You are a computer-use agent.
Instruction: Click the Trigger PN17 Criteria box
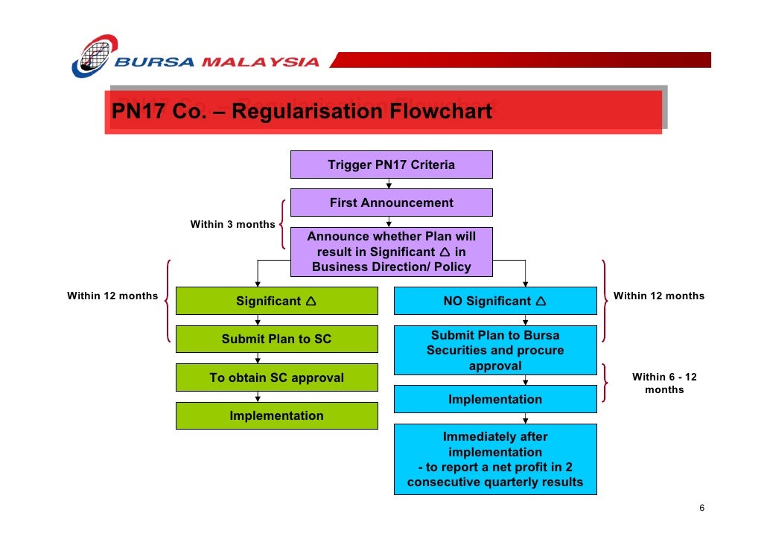[391, 165]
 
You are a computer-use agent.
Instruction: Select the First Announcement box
[391, 203]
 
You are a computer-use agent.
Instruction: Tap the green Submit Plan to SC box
[276, 339]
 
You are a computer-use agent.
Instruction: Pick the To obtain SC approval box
[276, 377]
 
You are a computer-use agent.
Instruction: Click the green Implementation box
[276, 415]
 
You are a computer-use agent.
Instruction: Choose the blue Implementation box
[494, 399]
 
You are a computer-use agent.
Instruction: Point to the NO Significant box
[494, 301]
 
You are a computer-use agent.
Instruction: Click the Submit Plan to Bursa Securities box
[494, 350]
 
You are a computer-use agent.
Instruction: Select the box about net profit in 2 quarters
[494, 459]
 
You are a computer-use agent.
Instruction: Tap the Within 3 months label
[232, 224]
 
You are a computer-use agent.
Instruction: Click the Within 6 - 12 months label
[664, 383]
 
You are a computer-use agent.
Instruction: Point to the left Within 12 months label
[112, 296]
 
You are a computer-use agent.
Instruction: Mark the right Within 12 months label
[658, 296]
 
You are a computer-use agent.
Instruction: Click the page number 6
[701, 508]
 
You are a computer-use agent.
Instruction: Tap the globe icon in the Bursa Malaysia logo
[94, 56]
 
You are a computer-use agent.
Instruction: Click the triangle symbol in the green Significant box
[311, 301]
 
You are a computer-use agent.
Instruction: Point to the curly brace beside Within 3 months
[283, 223]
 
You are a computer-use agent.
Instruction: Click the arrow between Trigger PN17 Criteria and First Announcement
[389, 183]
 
